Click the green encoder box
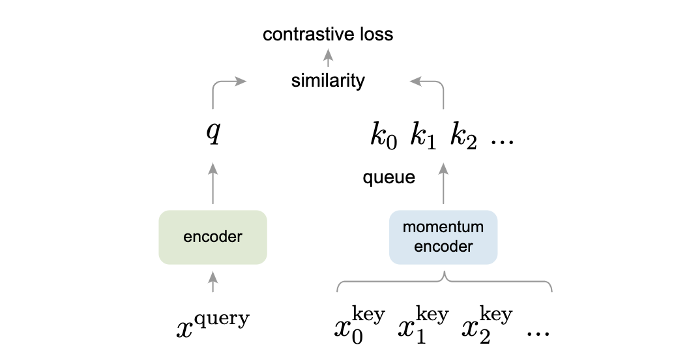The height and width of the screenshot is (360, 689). pos(213,237)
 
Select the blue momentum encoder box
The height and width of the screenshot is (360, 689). pos(443,237)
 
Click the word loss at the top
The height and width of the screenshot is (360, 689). pos(377,35)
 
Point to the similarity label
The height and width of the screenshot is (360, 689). pos(328,81)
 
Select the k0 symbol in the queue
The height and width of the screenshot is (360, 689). pos(383,136)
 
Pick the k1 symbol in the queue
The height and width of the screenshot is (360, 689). pos(423,136)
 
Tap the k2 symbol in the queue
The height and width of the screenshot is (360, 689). pos(463,136)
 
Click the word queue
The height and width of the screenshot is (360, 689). pos(389,177)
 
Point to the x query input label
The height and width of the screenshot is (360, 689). pos(213,324)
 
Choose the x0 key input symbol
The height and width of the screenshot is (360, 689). pos(360,325)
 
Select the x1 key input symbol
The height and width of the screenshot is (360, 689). pos(424,325)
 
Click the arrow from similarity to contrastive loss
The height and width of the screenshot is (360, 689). pos(328,58)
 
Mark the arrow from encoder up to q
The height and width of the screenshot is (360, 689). pos(213,183)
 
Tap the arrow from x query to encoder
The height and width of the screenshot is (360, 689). pos(213,282)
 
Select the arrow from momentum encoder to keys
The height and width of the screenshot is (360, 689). pos(443,183)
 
